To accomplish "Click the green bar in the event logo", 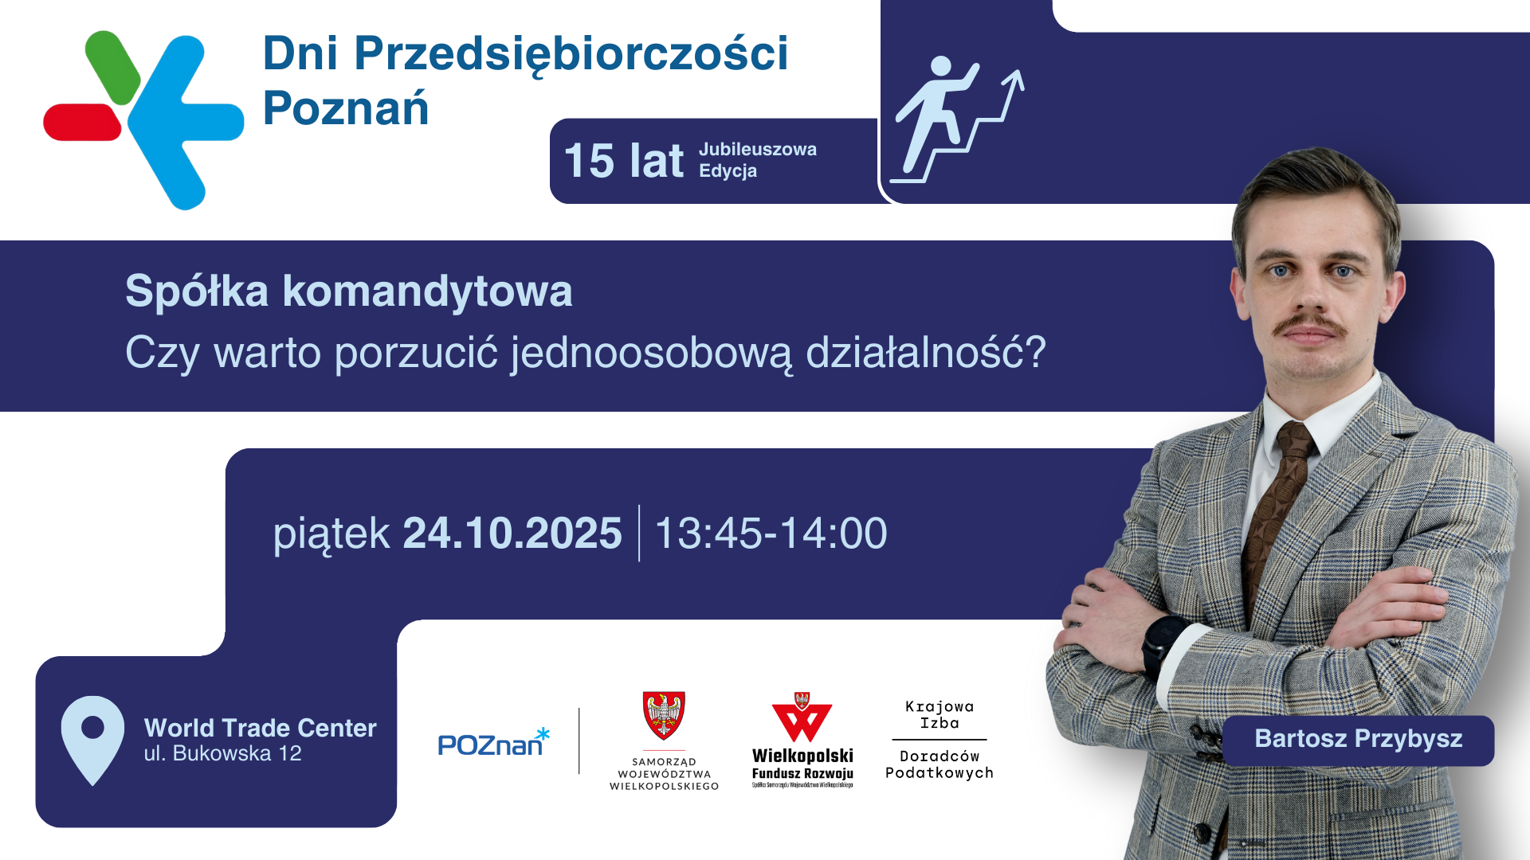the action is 112,67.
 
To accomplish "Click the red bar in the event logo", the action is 82,122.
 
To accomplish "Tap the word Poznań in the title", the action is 346,108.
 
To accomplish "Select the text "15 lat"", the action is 623,161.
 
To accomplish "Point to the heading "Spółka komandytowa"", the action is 349,291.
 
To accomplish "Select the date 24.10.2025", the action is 512,533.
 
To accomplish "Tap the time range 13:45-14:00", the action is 771,533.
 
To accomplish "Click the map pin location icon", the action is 92,741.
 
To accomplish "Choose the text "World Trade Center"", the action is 260,728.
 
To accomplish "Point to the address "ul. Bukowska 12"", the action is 223,753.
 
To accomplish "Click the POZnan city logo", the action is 494,742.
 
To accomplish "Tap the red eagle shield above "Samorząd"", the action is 664,715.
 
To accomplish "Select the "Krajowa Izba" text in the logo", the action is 940,715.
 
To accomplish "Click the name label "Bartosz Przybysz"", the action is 1358,739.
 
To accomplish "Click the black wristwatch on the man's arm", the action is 1164,645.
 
